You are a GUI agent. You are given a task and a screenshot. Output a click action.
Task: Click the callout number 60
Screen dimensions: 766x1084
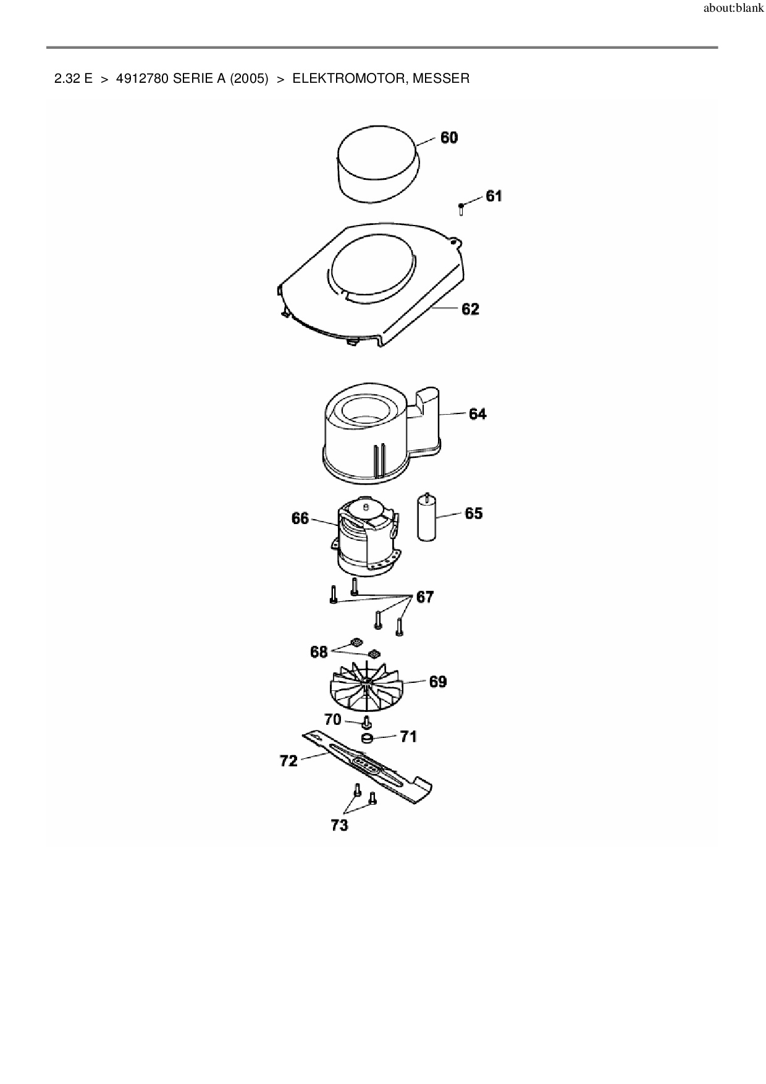click(449, 137)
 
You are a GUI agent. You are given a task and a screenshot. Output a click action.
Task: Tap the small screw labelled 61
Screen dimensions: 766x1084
click(461, 209)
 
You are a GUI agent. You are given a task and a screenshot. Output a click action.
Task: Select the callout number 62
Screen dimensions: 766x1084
click(471, 308)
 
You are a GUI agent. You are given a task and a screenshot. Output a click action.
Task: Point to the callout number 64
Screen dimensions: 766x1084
click(478, 413)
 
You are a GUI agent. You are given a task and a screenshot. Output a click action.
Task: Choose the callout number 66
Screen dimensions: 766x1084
click(300, 518)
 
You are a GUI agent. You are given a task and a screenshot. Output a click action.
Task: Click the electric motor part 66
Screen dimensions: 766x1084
click(365, 536)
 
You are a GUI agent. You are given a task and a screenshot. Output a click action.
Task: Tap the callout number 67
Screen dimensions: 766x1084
click(425, 597)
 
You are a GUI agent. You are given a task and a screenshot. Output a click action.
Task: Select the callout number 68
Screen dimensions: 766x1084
click(319, 652)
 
